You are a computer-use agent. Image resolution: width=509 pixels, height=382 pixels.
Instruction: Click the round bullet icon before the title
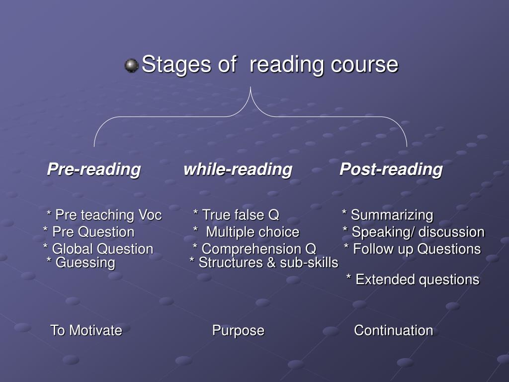coord(131,66)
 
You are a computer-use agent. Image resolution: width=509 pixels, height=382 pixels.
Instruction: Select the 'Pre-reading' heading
coord(93,170)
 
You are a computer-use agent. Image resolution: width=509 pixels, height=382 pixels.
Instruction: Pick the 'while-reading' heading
coord(238,170)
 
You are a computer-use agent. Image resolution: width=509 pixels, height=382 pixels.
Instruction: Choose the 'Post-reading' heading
coord(391,170)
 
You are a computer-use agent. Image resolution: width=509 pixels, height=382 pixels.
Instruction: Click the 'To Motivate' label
coord(86,330)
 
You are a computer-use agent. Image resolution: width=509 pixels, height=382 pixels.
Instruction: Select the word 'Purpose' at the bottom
coord(238,330)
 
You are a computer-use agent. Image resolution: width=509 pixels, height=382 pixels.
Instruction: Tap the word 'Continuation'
coord(393,330)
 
